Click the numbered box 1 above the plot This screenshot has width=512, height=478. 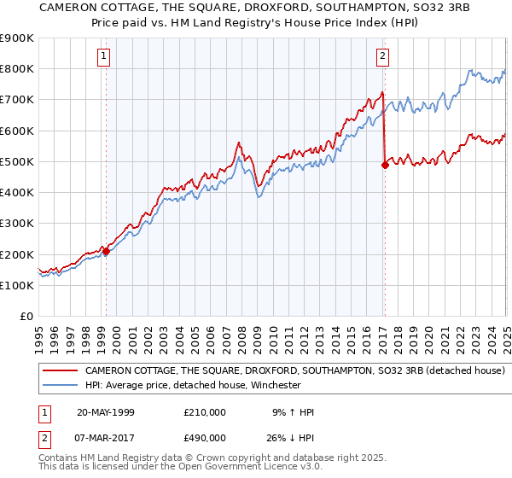click(x=103, y=57)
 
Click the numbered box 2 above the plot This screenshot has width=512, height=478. click(x=382, y=57)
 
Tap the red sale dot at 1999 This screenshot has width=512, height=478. click(x=106, y=251)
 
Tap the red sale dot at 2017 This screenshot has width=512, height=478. click(x=384, y=166)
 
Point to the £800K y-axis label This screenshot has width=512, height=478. click(x=16, y=69)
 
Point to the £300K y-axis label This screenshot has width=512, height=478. click(x=16, y=224)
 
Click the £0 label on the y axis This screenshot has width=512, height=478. click(x=26, y=317)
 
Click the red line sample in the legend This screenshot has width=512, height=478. click(x=60, y=371)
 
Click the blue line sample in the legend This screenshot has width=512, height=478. click(x=60, y=386)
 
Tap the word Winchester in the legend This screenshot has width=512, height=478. click(x=275, y=386)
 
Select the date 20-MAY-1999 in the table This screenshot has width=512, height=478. click(x=106, y=412)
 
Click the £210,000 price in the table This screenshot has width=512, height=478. click(x=205, y=412)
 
